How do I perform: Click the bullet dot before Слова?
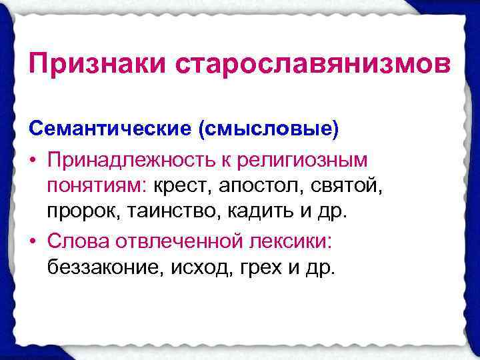[33, 241]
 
